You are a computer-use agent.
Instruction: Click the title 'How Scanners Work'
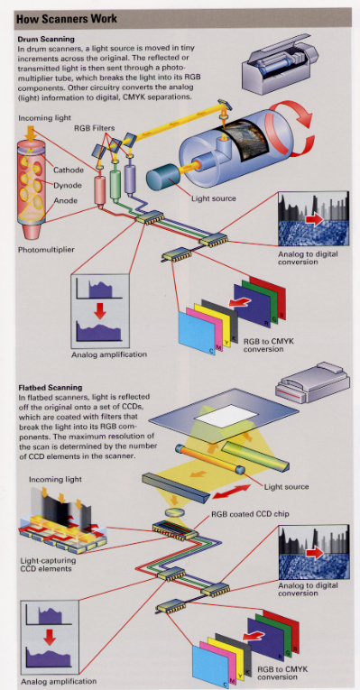click(x=67, y=19)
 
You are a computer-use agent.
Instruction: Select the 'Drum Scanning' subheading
click(x=46, y=40)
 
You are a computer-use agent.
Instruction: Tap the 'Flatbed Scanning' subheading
click(x=51, y=388)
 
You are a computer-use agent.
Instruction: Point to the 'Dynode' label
click(x=67, y=185)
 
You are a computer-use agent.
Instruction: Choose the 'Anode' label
click(x=65, y=200)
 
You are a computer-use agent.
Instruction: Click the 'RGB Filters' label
click(x=94, y=128)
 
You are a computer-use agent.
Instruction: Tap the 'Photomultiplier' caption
click(x=46, y=250)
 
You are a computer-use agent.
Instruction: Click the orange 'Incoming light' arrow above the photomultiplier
click(x=31, y=133)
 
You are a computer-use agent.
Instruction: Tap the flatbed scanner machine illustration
click(x=312, y=382)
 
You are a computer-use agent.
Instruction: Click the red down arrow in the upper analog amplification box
click(x=101, y=311)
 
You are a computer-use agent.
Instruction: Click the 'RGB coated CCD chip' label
click(x=250, y=513)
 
